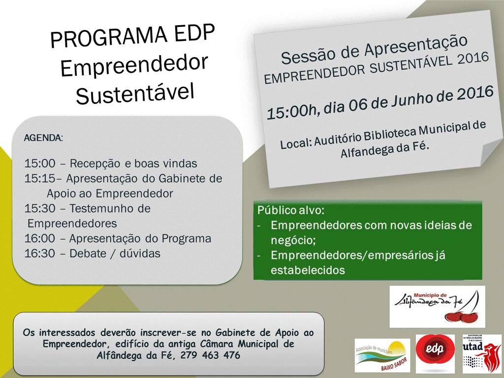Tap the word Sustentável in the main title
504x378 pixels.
pos(135,92)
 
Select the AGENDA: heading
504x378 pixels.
pos(43,137)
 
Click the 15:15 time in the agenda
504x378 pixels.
pos(40,178)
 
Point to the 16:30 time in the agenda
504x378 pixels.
pos(39,253)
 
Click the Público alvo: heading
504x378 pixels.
pos(290,210)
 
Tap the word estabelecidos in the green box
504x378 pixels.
pos(308,270)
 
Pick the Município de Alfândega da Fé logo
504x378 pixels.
pos(437,306)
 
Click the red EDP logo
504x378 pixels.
pos(435,353)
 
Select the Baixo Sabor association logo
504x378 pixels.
pos(382,355)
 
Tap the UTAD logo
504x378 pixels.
pos(481,353)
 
